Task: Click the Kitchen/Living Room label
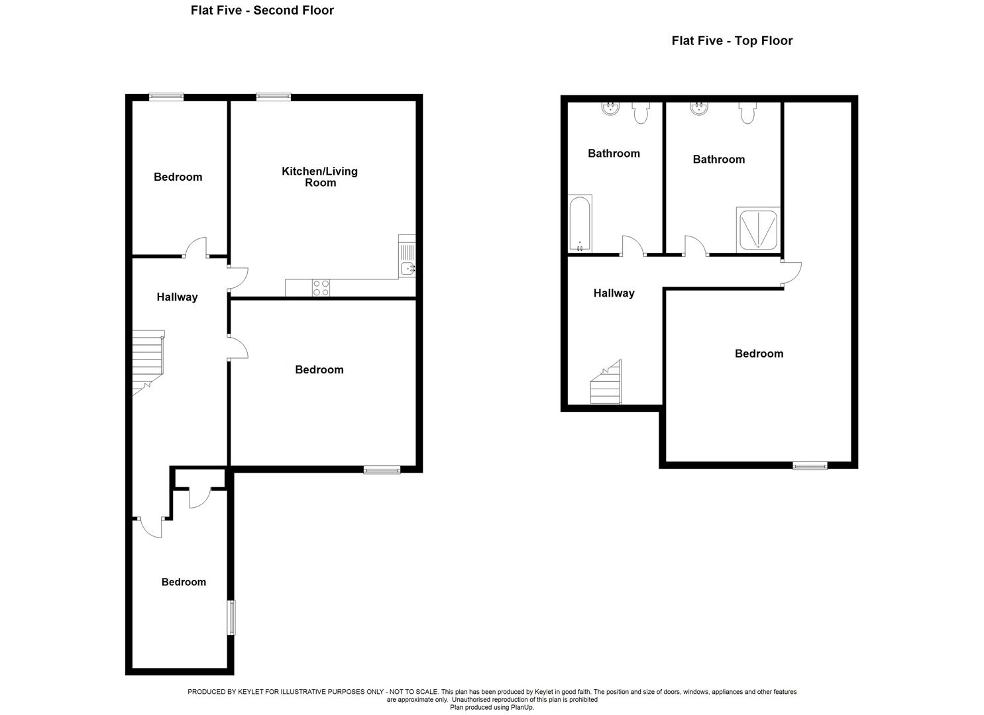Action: point(320,177)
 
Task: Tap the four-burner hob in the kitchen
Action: point(321,288)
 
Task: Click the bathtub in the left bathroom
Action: point(580,224)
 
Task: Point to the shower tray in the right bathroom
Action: point(757,230)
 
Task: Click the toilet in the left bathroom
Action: point(640,113)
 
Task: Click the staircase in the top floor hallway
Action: point(606,385)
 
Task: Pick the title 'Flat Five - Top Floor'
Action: point(732,40)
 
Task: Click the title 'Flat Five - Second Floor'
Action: point(262,10)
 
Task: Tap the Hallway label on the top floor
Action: point(614,293)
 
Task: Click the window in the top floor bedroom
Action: point(810,466)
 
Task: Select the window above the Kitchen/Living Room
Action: point(274,97)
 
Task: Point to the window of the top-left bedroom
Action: point(166,97)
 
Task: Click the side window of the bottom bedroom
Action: point(231,617)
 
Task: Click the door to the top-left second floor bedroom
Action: point(196,248)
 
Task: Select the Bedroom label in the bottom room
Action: point(184,582)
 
